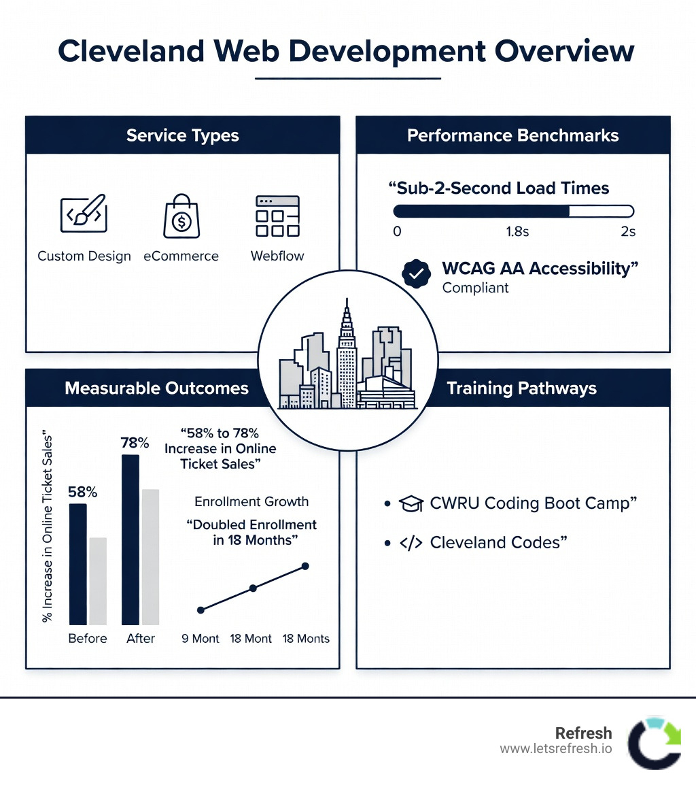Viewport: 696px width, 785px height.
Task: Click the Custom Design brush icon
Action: click(84, 214)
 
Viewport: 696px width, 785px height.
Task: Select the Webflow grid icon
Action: click(277, 216)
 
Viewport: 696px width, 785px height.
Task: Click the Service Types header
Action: click(182, 135)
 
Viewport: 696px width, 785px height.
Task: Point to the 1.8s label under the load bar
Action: click(517, 232)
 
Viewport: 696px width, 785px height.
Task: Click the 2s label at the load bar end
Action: click(628, 232)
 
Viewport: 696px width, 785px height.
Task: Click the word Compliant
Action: click(475, 288)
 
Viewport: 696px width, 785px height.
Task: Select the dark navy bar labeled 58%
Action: click(78, 564)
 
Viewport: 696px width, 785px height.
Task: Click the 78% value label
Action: click(135, 443)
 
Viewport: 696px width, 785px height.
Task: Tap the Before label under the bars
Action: click(88, 638)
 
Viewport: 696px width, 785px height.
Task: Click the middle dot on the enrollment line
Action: click(253, 588)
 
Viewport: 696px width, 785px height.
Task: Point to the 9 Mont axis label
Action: click(201, 638)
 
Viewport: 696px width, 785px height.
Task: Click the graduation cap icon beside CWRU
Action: click(410, 504)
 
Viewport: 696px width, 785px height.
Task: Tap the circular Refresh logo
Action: click(653, 742)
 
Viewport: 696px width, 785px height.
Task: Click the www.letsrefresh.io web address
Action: click(555, 749)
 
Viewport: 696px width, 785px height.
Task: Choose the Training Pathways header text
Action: click(521, 388)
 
